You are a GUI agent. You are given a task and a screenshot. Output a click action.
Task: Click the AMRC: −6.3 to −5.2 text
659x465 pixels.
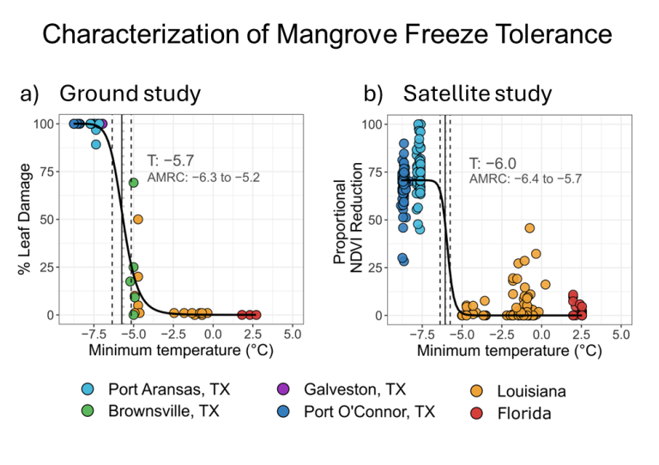click(203, 178)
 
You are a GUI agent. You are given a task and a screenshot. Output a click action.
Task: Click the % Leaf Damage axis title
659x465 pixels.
click(26, 220)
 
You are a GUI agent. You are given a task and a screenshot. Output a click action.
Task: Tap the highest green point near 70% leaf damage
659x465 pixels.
click(134, 183)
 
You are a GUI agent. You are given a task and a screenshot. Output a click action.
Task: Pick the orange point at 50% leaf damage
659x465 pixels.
click(137, 220)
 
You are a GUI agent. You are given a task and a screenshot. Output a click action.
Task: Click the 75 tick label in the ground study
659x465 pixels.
click(52, 172)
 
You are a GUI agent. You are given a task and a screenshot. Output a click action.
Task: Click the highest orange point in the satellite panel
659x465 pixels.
click(529, 228)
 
